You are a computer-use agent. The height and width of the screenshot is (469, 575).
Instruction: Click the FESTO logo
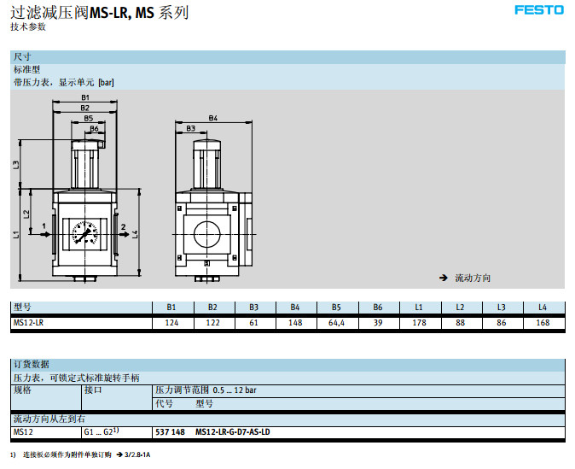coord(538,10)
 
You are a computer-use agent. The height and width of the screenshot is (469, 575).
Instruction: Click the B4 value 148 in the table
coord(295,323)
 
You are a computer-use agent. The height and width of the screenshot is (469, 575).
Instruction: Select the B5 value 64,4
coord(336,323)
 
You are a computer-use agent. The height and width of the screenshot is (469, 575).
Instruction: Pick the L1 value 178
coord(419,323)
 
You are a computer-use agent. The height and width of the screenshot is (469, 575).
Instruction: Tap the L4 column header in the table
coord(543,307)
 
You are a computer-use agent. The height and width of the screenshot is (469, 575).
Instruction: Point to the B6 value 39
coord(378,323)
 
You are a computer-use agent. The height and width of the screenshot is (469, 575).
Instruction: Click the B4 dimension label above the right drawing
coord(213,117)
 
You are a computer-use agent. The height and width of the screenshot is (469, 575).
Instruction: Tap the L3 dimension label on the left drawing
coord(16,164)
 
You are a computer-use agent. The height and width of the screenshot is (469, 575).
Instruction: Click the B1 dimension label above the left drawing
coord(85,99)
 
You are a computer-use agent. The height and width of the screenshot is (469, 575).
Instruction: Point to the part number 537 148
coord(171,432)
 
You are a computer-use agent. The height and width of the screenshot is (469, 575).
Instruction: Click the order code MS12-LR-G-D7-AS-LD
coord(233,432)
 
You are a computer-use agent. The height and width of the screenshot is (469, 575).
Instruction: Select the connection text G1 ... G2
coord(101,432)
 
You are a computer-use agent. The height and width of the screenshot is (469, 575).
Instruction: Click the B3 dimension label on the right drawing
coord(190,128)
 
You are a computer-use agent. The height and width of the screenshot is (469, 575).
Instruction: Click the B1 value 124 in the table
coord(171,323)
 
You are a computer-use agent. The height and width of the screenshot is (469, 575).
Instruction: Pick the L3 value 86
coord(502,323)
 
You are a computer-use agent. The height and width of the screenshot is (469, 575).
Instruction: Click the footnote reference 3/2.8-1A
coord(131,454)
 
